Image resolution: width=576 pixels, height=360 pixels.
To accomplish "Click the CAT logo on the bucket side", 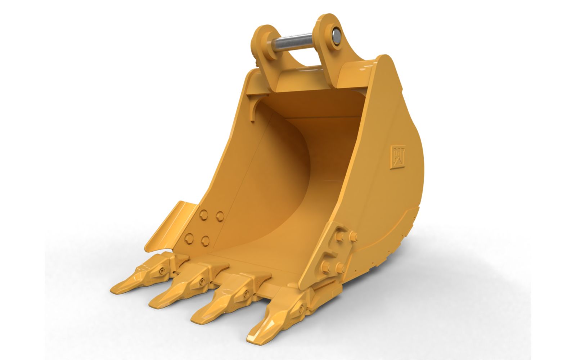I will (398, 156).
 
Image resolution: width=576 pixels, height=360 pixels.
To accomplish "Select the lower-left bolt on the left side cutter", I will (189, 238).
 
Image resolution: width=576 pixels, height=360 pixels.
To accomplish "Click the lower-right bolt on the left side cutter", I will (206, 241).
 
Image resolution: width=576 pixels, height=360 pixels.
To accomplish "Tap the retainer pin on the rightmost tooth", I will (301, 308).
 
